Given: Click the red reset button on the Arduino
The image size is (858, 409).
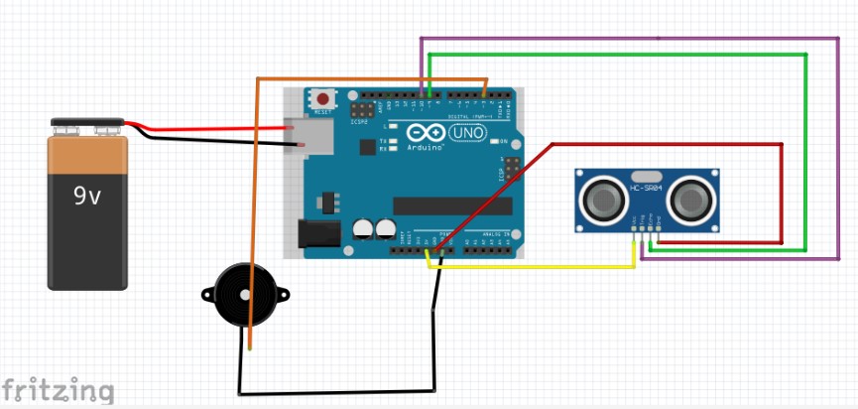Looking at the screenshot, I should point(323,99).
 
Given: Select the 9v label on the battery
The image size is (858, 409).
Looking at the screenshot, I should point(87,197).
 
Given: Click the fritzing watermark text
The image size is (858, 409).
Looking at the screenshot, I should point(56,389).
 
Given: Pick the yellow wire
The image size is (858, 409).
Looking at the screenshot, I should point(536,266).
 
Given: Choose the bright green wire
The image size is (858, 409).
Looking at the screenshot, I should point(804,149).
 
